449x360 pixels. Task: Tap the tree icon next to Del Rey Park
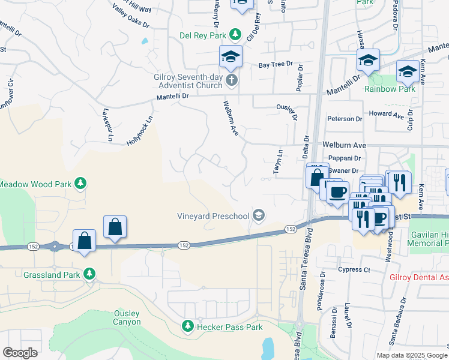237,34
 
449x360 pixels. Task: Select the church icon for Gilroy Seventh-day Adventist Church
231,80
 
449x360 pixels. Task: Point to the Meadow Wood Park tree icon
80,183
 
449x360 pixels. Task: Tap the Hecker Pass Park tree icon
188,326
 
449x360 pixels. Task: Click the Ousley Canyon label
127,317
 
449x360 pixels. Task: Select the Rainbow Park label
390,89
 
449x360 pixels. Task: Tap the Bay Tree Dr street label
276,64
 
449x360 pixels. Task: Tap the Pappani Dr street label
345,158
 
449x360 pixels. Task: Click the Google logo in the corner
20,353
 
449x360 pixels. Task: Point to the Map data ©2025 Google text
411,355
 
